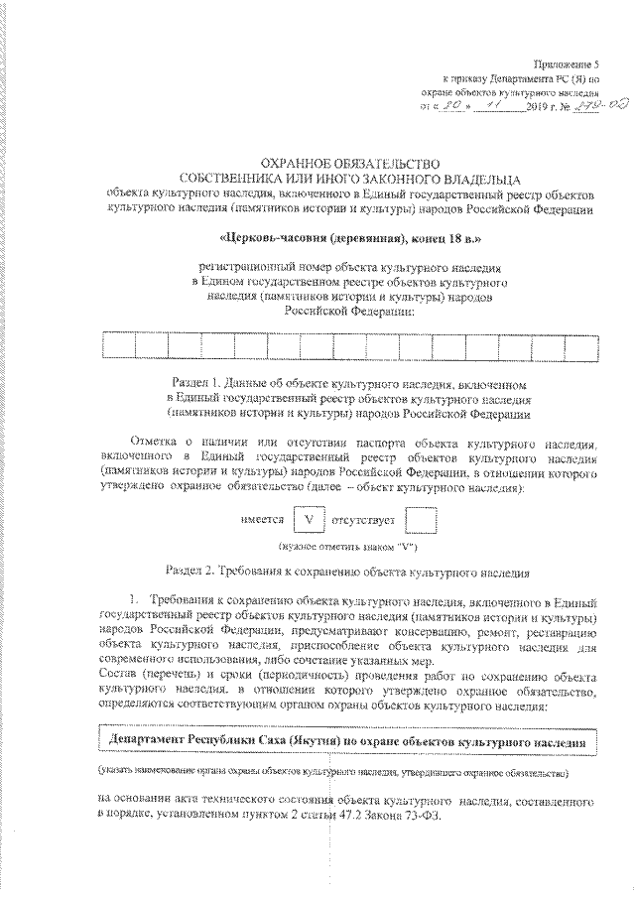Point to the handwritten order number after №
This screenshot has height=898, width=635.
(576, 103)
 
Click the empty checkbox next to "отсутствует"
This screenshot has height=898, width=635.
(423, 519)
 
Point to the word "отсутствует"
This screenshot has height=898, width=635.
(368, 520)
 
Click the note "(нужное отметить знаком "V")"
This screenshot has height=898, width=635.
(346, 548)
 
